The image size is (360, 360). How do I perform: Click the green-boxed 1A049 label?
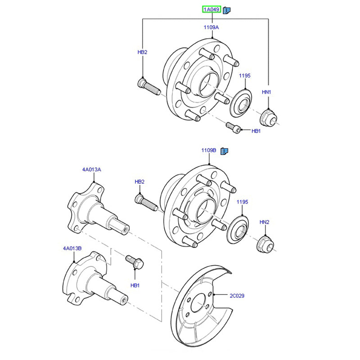point(211,9)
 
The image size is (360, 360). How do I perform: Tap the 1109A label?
point(211,27)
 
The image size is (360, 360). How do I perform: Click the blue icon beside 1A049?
point(227,10)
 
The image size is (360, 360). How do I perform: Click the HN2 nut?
point(264,244)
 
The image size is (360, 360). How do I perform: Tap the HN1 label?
point(267,92)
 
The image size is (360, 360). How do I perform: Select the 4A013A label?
point(91,170)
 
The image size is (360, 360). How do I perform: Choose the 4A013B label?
point(72,248)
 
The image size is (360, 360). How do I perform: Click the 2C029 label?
point(237,296)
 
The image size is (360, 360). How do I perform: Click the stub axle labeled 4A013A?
point(97,211)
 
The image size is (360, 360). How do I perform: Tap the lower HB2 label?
point(139,182)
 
